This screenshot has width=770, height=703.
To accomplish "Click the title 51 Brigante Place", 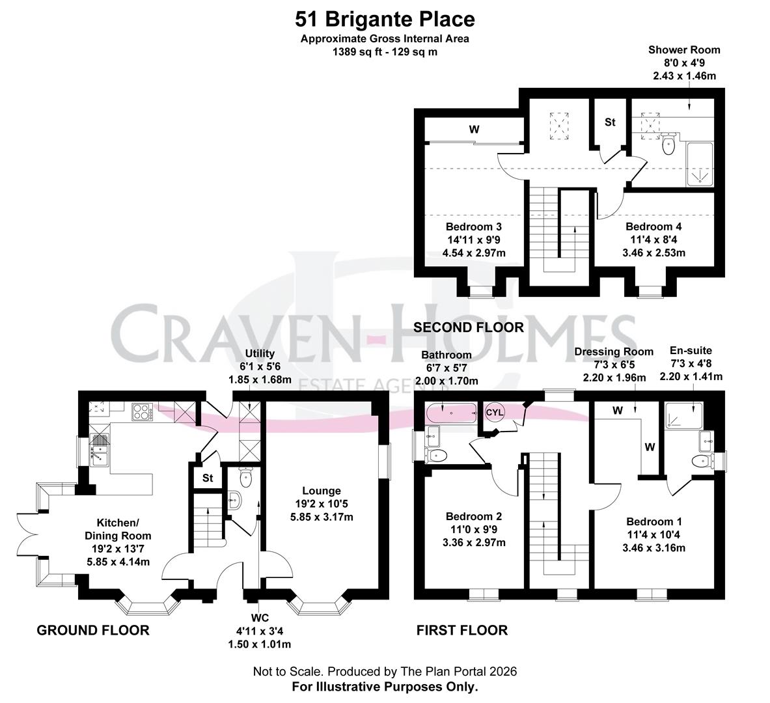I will point(385,19).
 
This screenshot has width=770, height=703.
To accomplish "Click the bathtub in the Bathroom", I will point(451,412).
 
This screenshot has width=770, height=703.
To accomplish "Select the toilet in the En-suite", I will point(701,462).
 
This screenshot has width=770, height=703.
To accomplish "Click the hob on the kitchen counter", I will point(143,411).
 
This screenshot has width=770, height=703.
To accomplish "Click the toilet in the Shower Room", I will point(668,146).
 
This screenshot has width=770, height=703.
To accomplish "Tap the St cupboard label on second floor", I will point(610,122).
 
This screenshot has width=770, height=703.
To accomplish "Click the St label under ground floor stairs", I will point(208,478).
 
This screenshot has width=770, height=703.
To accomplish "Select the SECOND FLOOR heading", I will point(469,327).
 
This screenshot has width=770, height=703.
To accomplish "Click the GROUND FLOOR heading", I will point(92,630).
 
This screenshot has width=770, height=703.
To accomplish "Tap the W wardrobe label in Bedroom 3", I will point(474,130).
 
